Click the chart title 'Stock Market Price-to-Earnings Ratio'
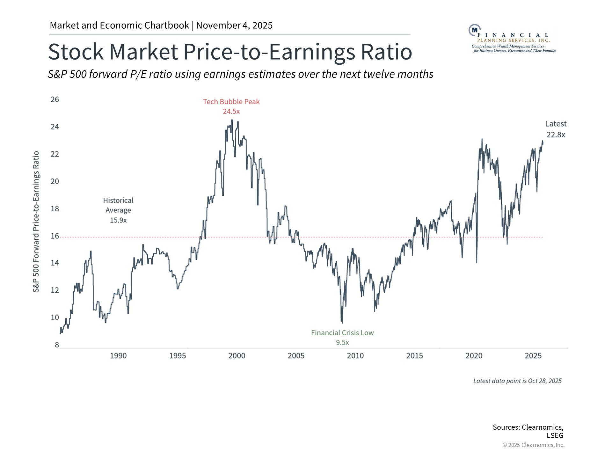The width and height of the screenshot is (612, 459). [230, 52]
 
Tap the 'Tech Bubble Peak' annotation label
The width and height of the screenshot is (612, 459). [231, 102]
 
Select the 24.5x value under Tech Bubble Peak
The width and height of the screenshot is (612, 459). [231, 112]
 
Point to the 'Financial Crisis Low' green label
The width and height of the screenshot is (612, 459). [342, 333]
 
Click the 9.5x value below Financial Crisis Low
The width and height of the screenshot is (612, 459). [342, 343]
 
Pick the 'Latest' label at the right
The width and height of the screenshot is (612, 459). [556, 124]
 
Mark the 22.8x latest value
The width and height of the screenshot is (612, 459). [556, 135]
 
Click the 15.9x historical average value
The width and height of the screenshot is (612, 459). [118, 220]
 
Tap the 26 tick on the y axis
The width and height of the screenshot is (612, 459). [55, 99]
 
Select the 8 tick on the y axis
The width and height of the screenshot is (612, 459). [57, 345]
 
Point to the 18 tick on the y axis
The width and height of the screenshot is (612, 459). [55, 208]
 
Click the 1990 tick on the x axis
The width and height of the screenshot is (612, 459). [118, 356]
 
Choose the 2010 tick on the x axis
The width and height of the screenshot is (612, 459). [355, 356]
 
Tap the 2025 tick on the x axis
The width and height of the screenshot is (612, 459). [533, 356]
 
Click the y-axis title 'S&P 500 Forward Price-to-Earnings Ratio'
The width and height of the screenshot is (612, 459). [36, 222]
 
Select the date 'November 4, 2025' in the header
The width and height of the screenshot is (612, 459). [234, 25]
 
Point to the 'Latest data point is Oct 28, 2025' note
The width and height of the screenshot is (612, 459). [517, 381]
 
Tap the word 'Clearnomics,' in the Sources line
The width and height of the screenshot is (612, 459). [542, 427]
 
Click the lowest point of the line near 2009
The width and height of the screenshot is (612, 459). [342, 323]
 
